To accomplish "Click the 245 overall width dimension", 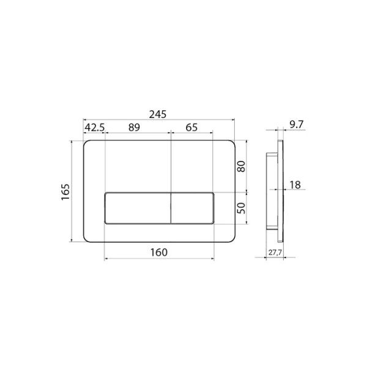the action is pyautogui.click(x=158, y=114).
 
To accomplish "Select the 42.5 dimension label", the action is pyautogui.click(x=95, y=127).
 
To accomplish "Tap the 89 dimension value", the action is pyautogui.click(x=134, y=127).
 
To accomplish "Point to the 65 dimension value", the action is pyautogui.click(x=191, y=127).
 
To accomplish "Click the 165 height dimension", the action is pyautogui.click(x=65, y=191).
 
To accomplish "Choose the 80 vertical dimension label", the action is pyautogui.click(x=242, y=166).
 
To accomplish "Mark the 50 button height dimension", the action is pyautogui.click(x=242, y=208).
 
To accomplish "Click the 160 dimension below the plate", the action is pyautogui.click(x=159, y=252).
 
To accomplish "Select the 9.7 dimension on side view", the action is pyautogui.click(x=296, y=125).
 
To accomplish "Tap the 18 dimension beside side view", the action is pyautogui.click(x=295, y=185).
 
